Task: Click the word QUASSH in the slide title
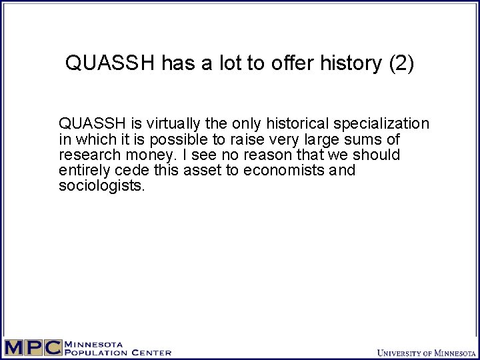(x=111, y=63)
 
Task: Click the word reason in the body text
(x=268, y=155)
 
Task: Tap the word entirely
(x=82, y=171)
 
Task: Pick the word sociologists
(x=101, y=186)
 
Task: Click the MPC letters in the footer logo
(x=32, y=348)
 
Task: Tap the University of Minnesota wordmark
(x=423, y=352)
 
